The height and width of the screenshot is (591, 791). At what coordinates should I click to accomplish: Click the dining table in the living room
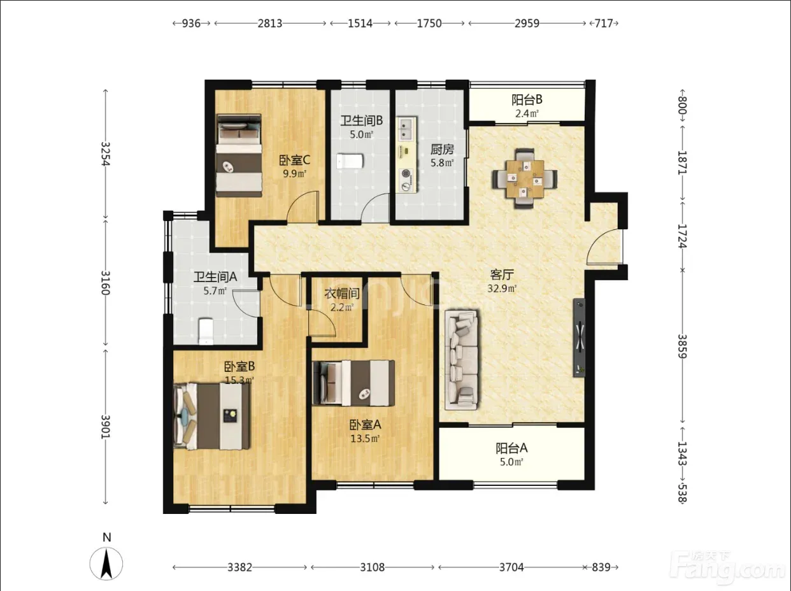(525, 179)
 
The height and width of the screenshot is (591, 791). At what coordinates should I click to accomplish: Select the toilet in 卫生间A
(206, 331)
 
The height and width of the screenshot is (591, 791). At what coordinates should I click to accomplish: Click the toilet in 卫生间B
(349, 161)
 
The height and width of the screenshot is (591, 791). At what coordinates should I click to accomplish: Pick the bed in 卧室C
(239, 155)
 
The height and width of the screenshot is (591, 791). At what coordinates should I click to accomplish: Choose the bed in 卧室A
(353, 383)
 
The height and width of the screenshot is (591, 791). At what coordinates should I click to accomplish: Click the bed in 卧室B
(211, 417)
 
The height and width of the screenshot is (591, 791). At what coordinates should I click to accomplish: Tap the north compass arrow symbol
(106, 564)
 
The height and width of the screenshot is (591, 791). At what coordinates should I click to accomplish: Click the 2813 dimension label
(270, 24)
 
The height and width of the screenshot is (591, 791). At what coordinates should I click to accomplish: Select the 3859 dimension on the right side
(682, 346)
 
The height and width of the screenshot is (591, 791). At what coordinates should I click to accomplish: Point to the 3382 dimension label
(239, 567)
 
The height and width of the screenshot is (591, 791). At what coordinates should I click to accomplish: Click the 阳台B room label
(527, 100)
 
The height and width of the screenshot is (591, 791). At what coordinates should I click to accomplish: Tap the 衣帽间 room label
(342, 294)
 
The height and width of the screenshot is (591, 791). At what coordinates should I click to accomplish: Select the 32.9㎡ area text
(502, 288)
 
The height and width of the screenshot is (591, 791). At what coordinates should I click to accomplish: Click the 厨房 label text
(442, 149)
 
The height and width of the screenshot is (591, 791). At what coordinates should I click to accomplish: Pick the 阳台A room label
(511, 448)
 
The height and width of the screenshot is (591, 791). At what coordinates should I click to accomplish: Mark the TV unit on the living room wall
(579, 338)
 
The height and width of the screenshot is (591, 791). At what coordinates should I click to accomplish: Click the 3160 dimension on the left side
(105, 283)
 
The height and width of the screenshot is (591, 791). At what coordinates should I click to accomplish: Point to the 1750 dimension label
(429, 24)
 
